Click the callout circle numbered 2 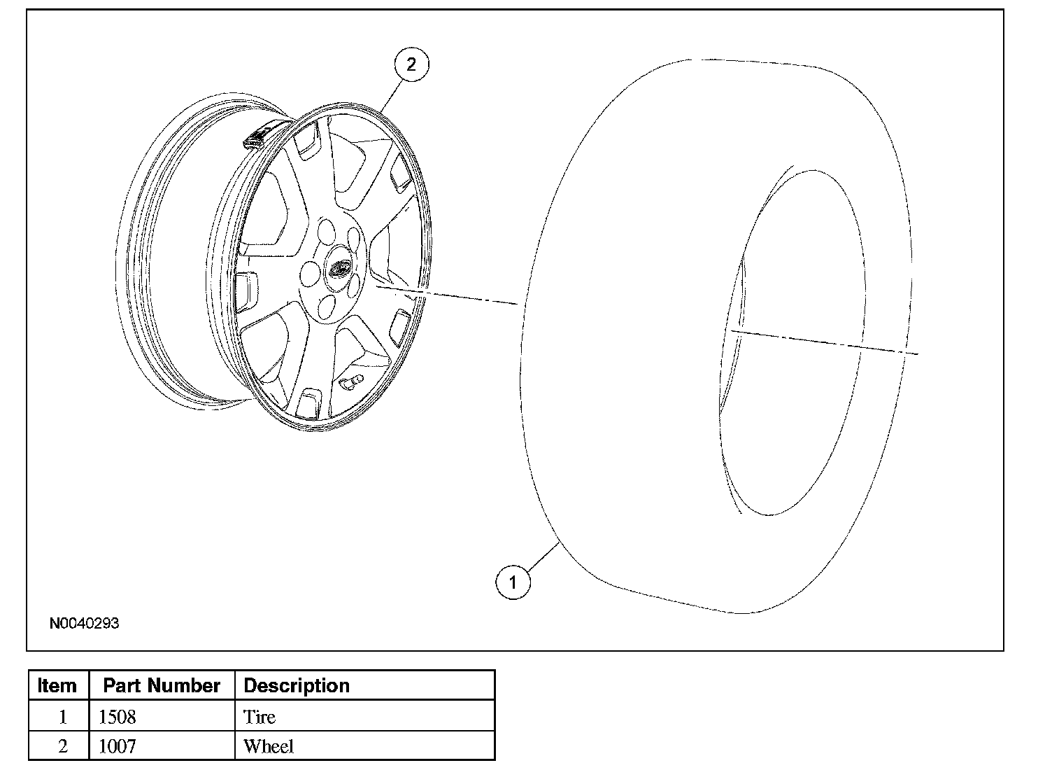click(x=411, y=64)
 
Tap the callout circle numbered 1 click(x=513, y=582)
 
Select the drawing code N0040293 click(x=84, y=623)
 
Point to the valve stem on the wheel click(x=349, y=384)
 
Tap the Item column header click(x=57, y=685)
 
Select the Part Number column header click(x=162, y=685)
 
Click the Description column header click(x=297, y=685)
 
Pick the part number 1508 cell click(x=118, y=717)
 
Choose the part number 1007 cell click(x=118, y=746)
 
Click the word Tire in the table click(x=259, y=717)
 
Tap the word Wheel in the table click(x=268, y=746)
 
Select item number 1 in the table click(x=62, y=717)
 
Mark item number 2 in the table click(x=62, y=746)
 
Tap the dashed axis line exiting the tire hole click(x=825, y=342)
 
